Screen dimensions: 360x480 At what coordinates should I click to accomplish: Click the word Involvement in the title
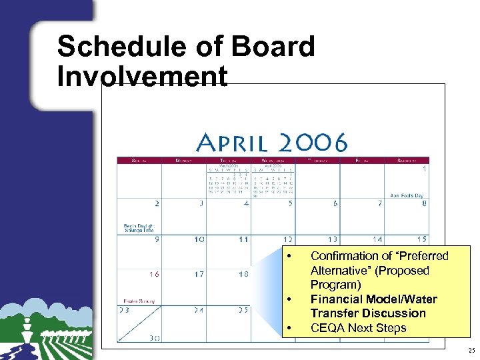[142, 76]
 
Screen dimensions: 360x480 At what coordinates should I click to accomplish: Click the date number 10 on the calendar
[199, 239]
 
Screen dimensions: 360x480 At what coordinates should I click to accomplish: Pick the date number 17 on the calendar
[199, 274]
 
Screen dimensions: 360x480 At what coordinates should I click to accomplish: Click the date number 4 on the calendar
[246, 203]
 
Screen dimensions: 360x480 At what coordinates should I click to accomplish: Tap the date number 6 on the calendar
[335, 203]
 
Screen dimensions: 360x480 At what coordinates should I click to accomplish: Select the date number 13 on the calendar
[331, 239]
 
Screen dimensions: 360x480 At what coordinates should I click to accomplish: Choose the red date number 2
[157, 203]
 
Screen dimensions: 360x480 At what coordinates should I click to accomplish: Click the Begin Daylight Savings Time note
[138, 228]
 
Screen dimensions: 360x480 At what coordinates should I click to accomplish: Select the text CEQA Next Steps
[358, 328]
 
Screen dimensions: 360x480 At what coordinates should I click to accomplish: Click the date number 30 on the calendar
[155, 338]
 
